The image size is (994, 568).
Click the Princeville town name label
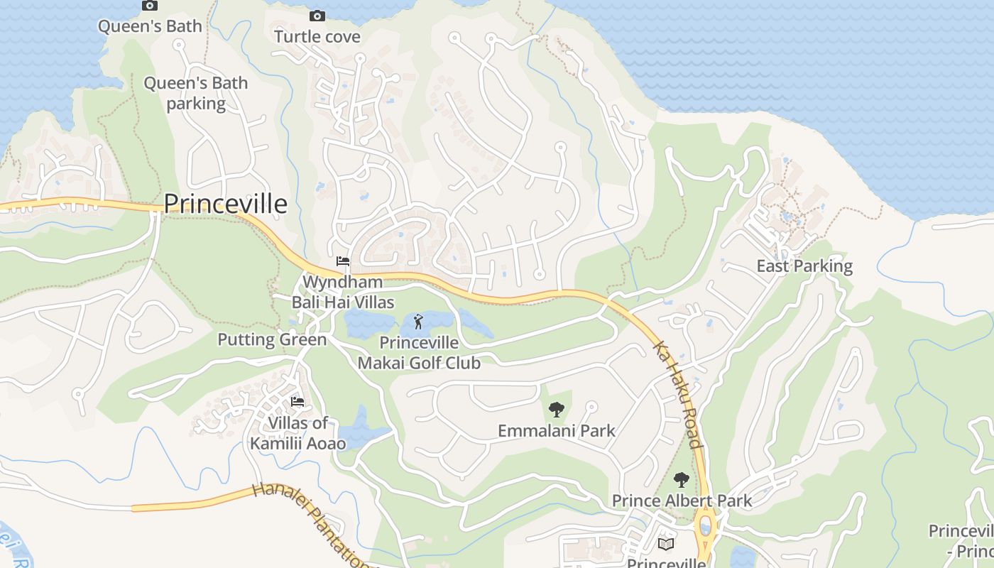(x=226, y=204)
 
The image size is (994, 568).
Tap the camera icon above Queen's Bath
(x=150, y=6)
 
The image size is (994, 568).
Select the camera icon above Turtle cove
(x=317, y=16)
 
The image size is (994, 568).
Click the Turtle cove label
(x=317, y=36)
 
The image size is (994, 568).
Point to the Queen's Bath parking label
(x=196, y=93)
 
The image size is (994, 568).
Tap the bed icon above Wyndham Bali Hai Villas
(x=343, y=261)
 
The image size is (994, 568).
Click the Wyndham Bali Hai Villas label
(x=343, y=292)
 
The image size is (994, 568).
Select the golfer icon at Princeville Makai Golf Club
(x=418, y=322)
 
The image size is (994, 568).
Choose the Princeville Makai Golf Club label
(x=419, y=352)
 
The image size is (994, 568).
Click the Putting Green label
(x=272, y=339)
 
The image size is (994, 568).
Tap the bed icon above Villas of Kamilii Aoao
(x=297, y=402)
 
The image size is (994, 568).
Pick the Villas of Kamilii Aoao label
(x=298, y=433)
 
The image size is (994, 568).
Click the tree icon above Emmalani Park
(x=557, y=409)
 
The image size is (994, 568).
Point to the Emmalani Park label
(x=557, y=431)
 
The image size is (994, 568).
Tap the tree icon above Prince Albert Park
(x=682, y=480)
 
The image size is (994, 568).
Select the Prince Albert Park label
(x=682, y=501)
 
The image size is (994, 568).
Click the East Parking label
(x=804, y=266)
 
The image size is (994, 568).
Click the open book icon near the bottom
(x=665, y=544)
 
